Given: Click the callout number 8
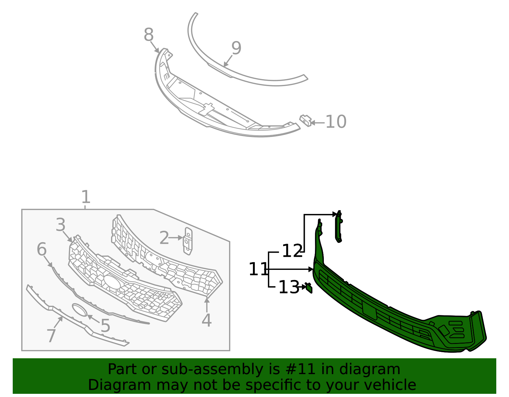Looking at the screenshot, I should click(x=149, y=35).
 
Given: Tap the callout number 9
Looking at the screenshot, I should click(x=236, y=48).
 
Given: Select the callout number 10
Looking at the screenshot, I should click(x=336, y=122).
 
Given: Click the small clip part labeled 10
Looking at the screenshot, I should click(x=305, y=120).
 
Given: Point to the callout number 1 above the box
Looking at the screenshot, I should click(x=86, y=197).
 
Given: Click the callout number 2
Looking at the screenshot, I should click(x=164, y=238).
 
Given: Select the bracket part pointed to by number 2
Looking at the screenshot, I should click(x=188, y=241).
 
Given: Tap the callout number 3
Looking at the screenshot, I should click(x=60, y=225).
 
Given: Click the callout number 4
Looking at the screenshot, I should click(x=206, y=320).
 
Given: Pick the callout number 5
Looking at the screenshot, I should click(x=105, y=326).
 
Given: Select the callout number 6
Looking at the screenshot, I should click(x=42, y=249).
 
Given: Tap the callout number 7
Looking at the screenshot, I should click(x=51, y=336).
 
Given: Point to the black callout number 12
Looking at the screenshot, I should click(x=292, y=251).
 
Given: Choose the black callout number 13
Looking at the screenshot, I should click(x=288, y=287).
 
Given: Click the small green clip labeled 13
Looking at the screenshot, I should click(x=309, y=288).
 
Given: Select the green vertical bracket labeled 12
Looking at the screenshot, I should click(x=338, y=227).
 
